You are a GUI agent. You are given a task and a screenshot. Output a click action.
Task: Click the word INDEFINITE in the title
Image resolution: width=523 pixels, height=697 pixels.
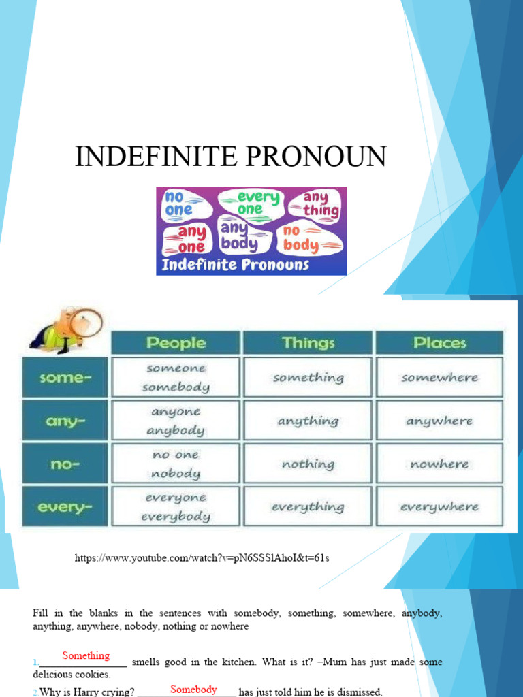click(x=150, y=157)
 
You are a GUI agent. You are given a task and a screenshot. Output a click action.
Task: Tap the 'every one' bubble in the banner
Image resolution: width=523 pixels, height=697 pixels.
click(x=249, y=204)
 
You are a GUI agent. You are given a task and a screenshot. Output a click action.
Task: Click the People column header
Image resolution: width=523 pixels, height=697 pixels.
click(x=175, y=342)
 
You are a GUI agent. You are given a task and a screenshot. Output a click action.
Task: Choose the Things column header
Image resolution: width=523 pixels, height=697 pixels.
click(x=308, y=342)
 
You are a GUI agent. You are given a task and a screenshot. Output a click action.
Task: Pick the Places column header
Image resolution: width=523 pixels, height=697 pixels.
click(x=439, y=342)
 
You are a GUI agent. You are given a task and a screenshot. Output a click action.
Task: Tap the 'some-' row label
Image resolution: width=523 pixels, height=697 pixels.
click(x=66, y=378)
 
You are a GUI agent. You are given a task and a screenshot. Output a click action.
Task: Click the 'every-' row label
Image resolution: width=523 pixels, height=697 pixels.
click(x=66, y=507)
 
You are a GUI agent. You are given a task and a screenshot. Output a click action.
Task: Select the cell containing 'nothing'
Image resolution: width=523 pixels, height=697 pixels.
click(x=308, y=464)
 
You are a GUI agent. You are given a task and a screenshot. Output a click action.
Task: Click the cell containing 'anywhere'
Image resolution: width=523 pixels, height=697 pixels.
click(x=439, y=421)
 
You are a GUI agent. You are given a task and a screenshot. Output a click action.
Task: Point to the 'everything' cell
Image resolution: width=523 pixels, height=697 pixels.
click(x=308, y=507)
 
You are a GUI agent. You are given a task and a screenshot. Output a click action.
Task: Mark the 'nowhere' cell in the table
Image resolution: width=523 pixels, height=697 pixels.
click(x=439, y=464)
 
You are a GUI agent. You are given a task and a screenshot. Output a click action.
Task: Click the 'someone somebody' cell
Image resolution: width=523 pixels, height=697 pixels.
click(x=175, y=378)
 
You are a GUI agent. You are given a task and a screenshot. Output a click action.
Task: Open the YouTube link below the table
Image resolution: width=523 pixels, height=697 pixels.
click(x=202, y=558)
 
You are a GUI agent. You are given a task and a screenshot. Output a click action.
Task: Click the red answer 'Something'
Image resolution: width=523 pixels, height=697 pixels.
click(x=86, y=655)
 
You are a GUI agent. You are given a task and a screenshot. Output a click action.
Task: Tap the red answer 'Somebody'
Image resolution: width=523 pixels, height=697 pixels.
click(x=193, y=689)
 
